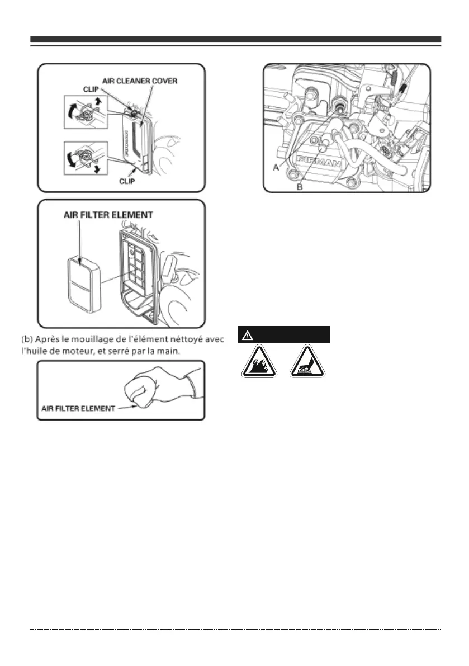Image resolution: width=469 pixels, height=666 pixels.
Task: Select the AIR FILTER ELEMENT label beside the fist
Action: point(79,408)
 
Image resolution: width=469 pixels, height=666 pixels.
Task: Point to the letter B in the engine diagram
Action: point(300,187)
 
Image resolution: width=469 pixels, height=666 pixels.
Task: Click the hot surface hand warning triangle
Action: point(306,361)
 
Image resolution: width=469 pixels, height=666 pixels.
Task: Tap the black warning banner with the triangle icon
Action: point(284,334)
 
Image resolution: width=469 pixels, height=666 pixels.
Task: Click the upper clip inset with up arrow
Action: point(86,112)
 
